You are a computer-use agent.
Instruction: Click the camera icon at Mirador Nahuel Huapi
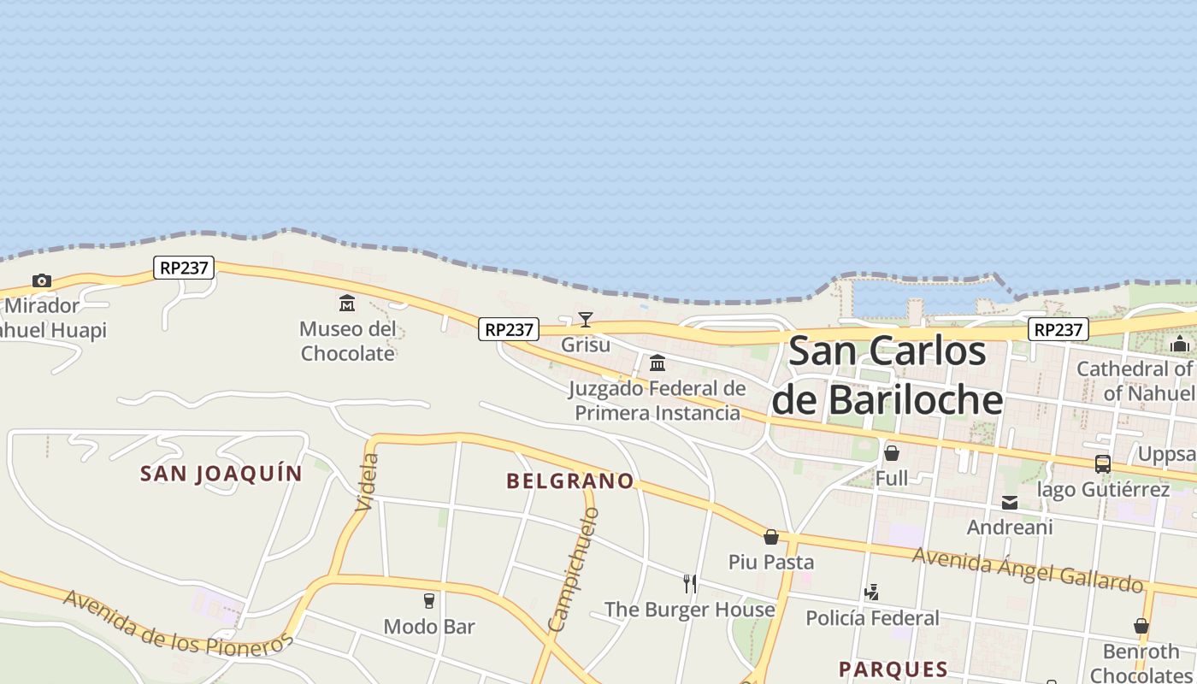41,280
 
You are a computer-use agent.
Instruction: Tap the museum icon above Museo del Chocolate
347,303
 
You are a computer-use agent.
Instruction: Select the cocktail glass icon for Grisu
586,320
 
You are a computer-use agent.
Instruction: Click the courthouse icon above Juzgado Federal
657,363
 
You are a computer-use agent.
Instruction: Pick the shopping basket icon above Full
892,453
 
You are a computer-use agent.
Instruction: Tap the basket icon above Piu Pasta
771,537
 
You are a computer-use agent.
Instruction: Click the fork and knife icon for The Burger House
690,584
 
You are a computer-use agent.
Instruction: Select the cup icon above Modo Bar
429,601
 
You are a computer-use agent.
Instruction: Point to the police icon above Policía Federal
872,592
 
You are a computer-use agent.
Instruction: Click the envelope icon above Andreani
1010,503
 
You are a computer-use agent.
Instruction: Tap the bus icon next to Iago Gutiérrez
1103,464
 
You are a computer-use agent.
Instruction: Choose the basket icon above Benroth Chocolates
1141,626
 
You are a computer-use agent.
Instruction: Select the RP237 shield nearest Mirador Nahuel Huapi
184,268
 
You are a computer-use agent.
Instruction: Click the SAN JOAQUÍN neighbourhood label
221,474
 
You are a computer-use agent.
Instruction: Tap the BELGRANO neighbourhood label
570,481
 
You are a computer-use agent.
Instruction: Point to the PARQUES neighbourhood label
893,669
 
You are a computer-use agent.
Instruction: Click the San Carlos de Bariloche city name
887,376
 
